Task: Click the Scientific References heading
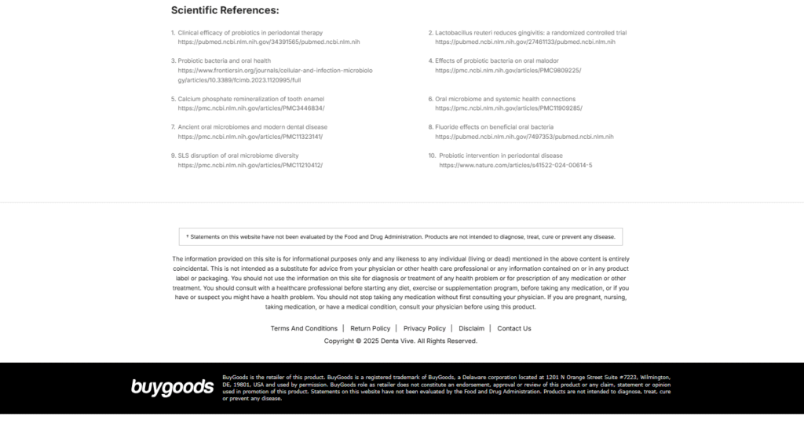coord(225,11)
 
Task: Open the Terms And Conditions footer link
coord(304,328)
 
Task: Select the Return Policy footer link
coord(370,328)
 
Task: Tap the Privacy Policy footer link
coord(424,328)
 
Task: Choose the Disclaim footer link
coord(471,328)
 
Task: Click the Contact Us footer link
coord(514,328)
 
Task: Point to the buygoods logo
coord(172,386)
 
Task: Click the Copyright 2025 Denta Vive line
coord(400,342)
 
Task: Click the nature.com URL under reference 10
coord(515,166)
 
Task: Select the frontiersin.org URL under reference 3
coord(275,75)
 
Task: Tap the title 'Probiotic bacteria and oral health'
coord(225,60)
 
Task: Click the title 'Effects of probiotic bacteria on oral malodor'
coord(508,60)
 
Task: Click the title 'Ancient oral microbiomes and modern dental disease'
coord(252,126)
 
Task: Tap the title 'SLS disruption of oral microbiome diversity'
coord(238,155)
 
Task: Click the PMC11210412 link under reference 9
coord(250,166)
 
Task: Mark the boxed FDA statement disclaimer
coord(400,236)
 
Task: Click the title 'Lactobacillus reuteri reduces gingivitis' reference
coord(531,32)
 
